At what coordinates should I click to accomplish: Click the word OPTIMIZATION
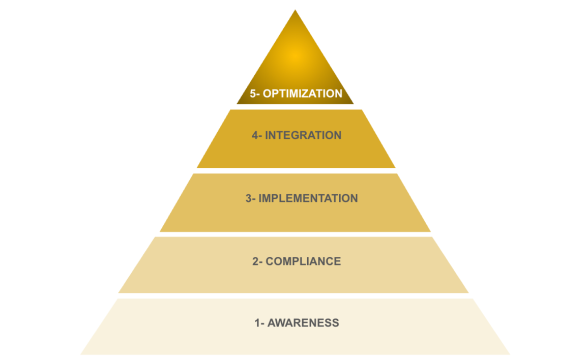(x=302, y=94)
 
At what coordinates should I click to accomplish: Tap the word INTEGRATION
(x=303, y=136)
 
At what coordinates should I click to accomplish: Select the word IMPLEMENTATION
(x=308, y=198)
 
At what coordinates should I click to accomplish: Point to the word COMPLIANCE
(x=304, y=261)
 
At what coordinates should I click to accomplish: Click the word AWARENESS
(x=303, y=323)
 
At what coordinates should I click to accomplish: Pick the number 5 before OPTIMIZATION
(x=253, y=94)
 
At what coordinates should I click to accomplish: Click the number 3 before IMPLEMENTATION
(x=249, y=198)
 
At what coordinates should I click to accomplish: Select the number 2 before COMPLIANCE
(x=256, y=261)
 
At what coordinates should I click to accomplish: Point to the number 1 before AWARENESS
(x=257, y=323)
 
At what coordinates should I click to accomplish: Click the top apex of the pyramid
(x=295, y=11)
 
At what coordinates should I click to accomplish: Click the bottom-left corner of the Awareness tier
(x=81, y=354)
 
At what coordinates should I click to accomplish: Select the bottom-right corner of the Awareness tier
(x=509, y=354)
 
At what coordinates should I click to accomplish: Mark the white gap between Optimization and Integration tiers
(x=295, y=107)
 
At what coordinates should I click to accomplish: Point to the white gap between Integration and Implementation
(x=295, y=171)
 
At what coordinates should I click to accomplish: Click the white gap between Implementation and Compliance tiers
(x=295, y=234)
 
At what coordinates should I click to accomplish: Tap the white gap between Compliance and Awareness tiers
(x=295, y=296)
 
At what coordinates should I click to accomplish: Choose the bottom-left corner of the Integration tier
(x=198, y=167)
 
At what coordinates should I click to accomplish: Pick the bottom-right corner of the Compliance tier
(x=467, y=292)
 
